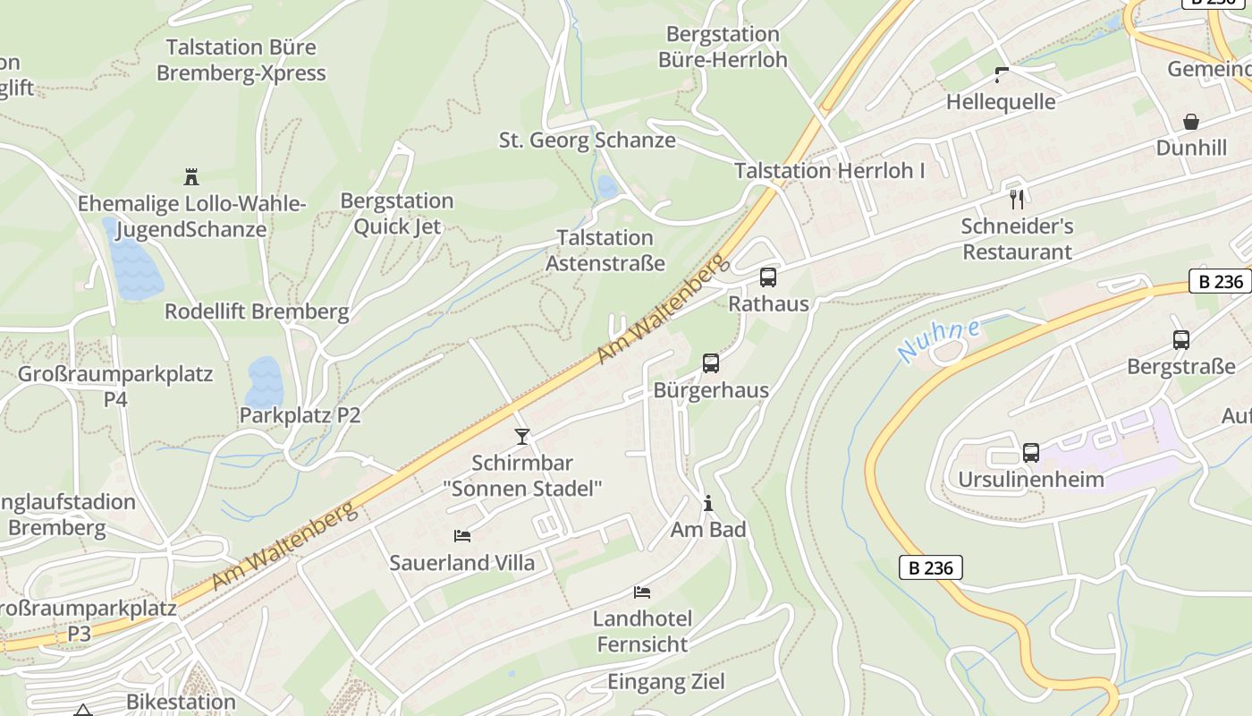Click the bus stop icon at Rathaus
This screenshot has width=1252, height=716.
coord(768,277)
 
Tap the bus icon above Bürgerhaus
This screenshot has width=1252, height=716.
coord(711,363)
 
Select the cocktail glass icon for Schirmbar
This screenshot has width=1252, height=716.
coord(522,437)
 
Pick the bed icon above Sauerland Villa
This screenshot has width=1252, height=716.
coord(462,536)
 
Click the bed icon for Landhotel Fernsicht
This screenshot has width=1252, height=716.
coord(642,592)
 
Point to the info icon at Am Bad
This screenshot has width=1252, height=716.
coord(708,504)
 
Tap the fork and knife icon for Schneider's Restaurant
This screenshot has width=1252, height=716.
coord(1016,199)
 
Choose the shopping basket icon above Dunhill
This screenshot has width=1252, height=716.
coord(1191,122)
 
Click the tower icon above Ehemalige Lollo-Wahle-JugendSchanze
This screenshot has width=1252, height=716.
coord(190,176)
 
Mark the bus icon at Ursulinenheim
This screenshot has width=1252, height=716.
coord(1031,453)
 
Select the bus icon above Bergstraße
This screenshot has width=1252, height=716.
coord(1181,340)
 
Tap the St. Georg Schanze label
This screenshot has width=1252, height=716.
coord(587,141)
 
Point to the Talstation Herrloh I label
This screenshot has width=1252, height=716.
coord(830,171)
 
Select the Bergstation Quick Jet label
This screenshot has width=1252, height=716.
coord(397,213)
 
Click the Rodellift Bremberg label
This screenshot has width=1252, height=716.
coord(257,311)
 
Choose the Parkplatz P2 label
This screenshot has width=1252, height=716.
coord(300,415)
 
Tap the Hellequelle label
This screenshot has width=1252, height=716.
coord(1001,102)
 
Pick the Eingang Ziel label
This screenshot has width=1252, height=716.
coord(666,682)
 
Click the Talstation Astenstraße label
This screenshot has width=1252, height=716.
coord(605,251)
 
